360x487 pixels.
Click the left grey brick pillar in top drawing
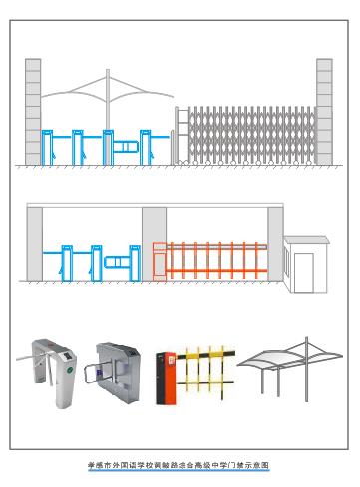coord(33,112)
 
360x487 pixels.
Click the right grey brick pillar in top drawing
coord(324,112)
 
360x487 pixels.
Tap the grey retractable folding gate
coord(252,135)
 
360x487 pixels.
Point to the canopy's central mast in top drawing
coord(108,100)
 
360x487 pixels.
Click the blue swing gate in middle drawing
coord(117,262)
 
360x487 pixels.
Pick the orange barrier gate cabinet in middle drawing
coord(160,261)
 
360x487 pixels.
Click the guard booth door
coord(304,273)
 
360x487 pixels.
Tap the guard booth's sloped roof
coord(306,240)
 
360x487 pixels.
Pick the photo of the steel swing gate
coord(113,372)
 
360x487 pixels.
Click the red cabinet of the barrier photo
coord(166,378)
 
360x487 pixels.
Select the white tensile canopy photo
coord(290,369)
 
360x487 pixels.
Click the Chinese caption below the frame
coord(179,465)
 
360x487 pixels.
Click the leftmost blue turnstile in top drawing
coord(47,148)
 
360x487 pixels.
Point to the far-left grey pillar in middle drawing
coord(35,243)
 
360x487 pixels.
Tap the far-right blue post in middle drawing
coord(135,263)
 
